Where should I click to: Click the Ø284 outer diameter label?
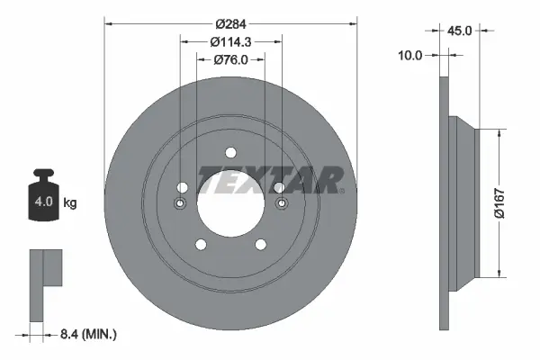click(x=230, y=24)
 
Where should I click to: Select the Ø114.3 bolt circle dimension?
click(x=230, y=42)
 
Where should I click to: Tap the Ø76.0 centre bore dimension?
click(x=230, y=60)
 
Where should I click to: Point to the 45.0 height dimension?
click(x=459, y=31)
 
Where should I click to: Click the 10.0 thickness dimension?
click(x=409, y=55)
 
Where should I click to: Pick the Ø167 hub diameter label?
click(x=499, y=203)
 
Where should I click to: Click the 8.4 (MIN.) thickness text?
click(x=88, y=334)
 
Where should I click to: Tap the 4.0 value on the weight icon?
click(x=44, y=202)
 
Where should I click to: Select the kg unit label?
click(x=70, y=202)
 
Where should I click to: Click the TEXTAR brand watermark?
click(x=270, y=180)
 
